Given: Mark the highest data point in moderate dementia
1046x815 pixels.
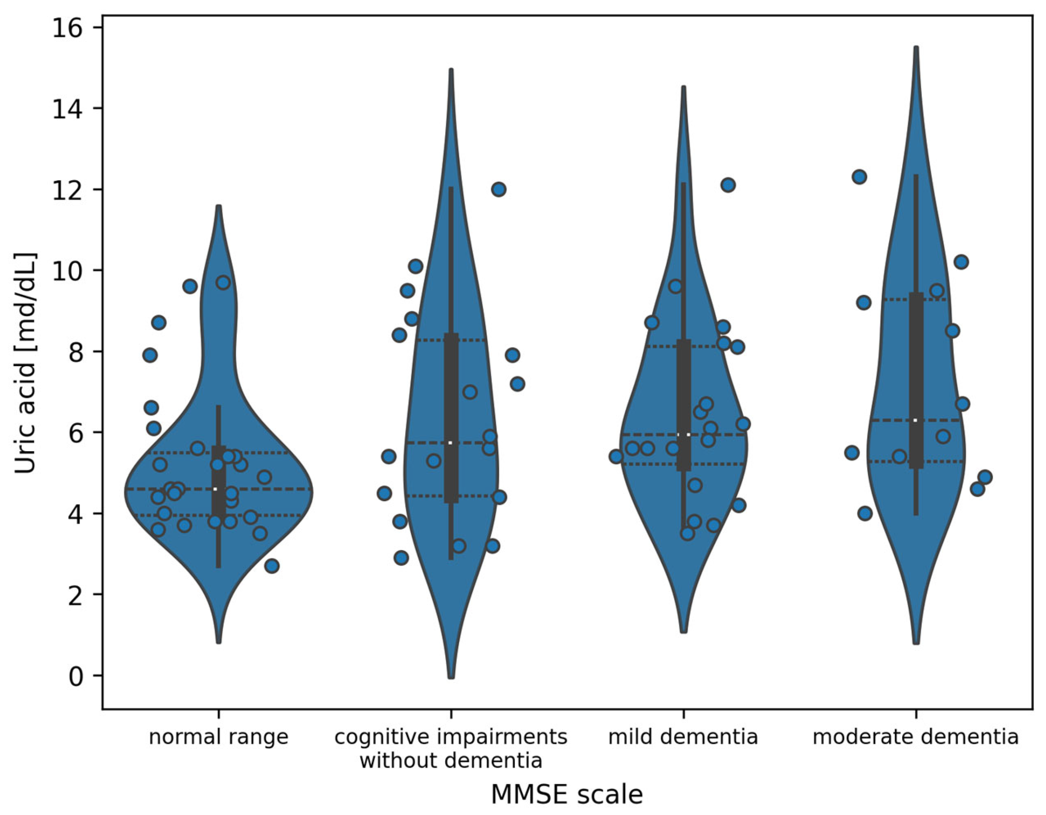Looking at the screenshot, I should pyautogui.click(x=859, y=177).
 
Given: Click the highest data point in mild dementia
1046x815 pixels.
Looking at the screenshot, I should pyautogui.click(x=728, y=185).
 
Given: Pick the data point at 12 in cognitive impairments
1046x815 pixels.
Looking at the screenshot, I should pyautogui.click(x=499, y=189).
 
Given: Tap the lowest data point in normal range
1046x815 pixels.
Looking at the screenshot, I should pyautogui.click(x=272, y=566).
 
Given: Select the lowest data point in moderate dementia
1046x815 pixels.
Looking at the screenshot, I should pyautogui.click(x=865, y=514).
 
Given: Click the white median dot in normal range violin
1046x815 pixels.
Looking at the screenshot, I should pyautogui.click(x=215, y=489).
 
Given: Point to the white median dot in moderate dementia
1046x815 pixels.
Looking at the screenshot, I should pyautogui.click(x=915, y=420).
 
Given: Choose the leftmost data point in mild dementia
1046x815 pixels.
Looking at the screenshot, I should pyautogui.click(x=616, y=457).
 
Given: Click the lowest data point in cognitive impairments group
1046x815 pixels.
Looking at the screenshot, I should pyautogui.click(x=401, y=558).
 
